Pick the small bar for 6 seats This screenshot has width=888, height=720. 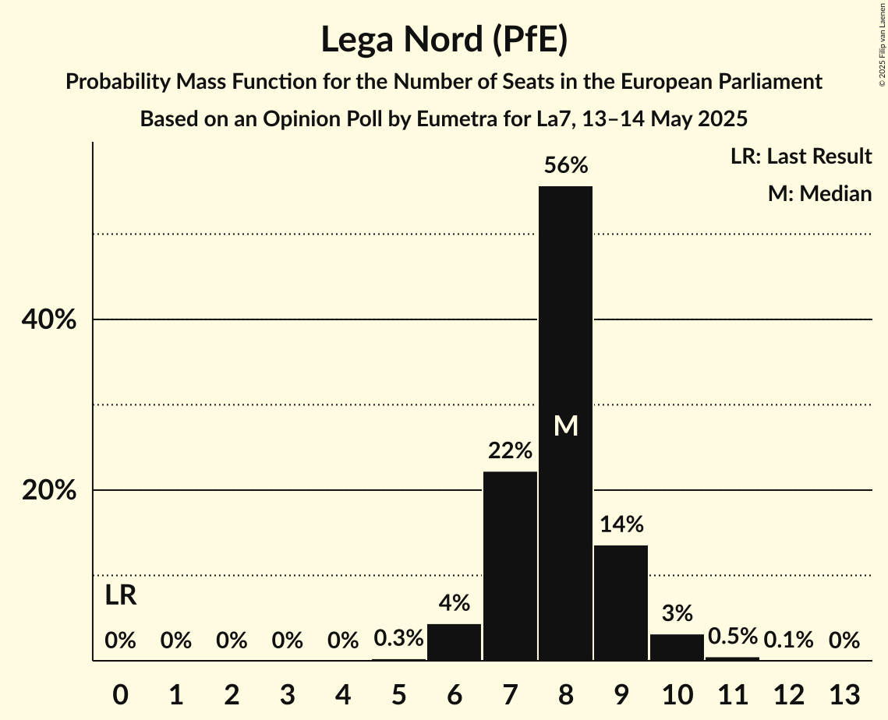(x=455, y=642)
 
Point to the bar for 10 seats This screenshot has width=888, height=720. (x=677, y=648)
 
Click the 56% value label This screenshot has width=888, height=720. (x=565, y=165)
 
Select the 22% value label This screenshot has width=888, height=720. (x=510, y=450)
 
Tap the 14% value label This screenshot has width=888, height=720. (x=621, y=524)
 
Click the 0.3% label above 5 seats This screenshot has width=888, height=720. (x=398, y=639)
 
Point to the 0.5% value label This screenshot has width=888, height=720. (x=732, y=637)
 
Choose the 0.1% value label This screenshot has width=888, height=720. (x=788, y=641)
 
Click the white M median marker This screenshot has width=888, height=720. (x=565, y=425)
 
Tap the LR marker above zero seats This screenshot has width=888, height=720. (x=121, y=596)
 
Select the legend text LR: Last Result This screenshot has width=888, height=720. (x=801, y=157)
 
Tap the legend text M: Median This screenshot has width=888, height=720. (x=819, y=193)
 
